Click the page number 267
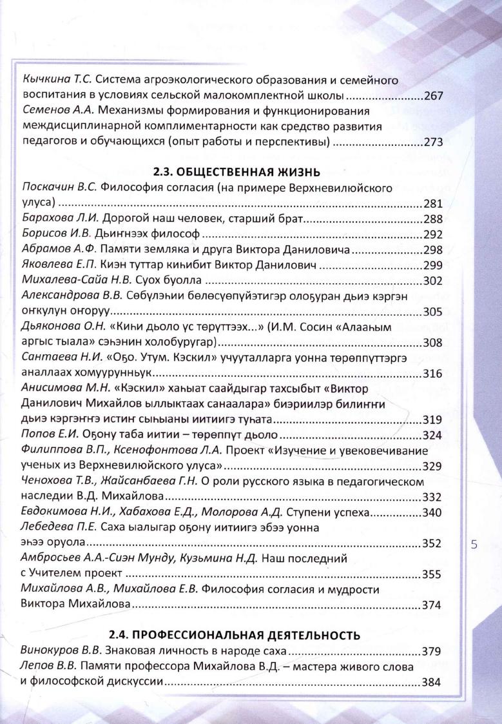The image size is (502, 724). coord(432,97)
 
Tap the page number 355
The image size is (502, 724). coord(432,574)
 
